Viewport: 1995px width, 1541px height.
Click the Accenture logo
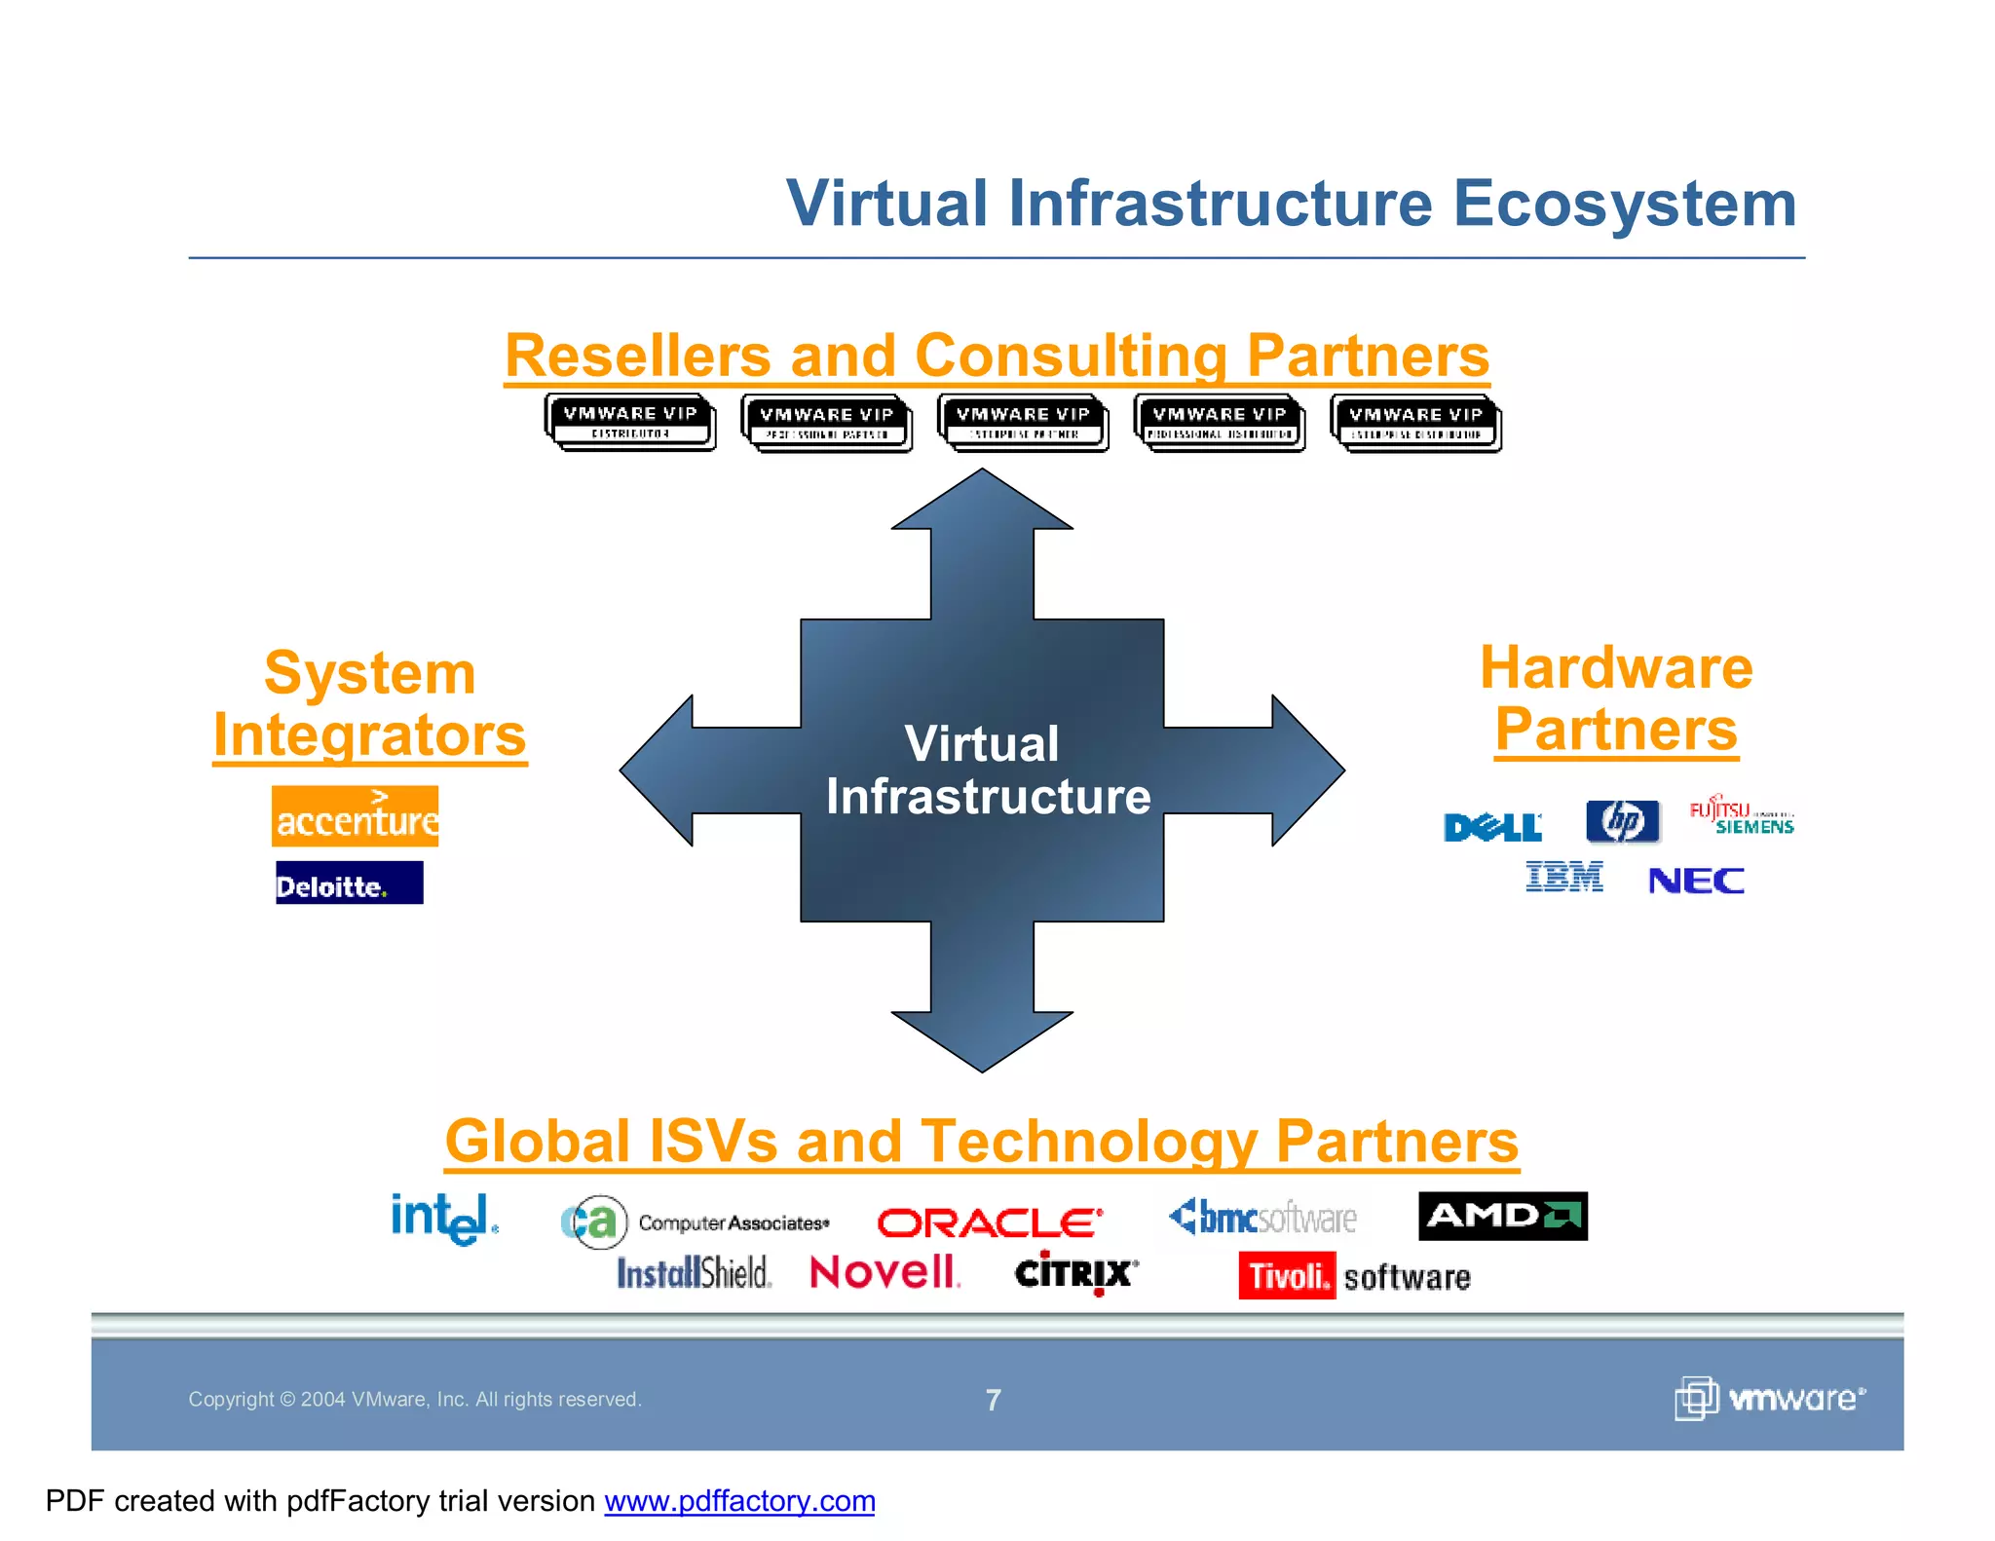pyautogui.click(x=355, y=816)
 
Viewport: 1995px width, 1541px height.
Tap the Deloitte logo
pyautogui.click(x=349, y=883)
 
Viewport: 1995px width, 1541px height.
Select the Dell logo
pyautogui.click(x=1492, y=827)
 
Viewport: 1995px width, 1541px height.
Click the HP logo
pyautogui.click(x=1622, y=821)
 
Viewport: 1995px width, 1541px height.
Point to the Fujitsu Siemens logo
pyautogui.click(x=1742, y=816)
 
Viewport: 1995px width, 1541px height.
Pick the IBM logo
pyautogui.click(x=1563, y=877)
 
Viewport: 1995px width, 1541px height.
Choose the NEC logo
pyautogui.click(x=1696, y=881)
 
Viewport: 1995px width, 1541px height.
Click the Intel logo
pyautogui.click(x=444, y=1219)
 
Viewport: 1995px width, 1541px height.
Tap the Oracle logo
pyautogui.click(x=990, y=1222)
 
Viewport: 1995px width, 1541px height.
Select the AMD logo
pyautogui.click(x=1502, y=1216)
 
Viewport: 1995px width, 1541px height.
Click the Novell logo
pyautogui.click(x=885, y=1272)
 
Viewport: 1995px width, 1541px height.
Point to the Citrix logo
pyautogui.click(x=1075, y=1273)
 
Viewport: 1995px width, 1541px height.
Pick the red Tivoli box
pyautogui.click(x=1287, y=1275)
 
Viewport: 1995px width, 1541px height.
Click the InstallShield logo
pyautogui.click(x=694, y=1272)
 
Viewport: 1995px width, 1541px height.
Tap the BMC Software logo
pyautogui.click(x=1262, y=1218)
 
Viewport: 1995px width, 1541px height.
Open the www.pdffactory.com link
pyautogui.click(x=739, y=1501)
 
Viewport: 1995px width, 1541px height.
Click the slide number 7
pyautogui.click(x=993, y=1400)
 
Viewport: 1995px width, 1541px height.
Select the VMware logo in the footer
pyautogui.click(x=1769, y=1399)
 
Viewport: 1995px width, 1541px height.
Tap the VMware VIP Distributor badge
pyautogui.click(x=630, y=422)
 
